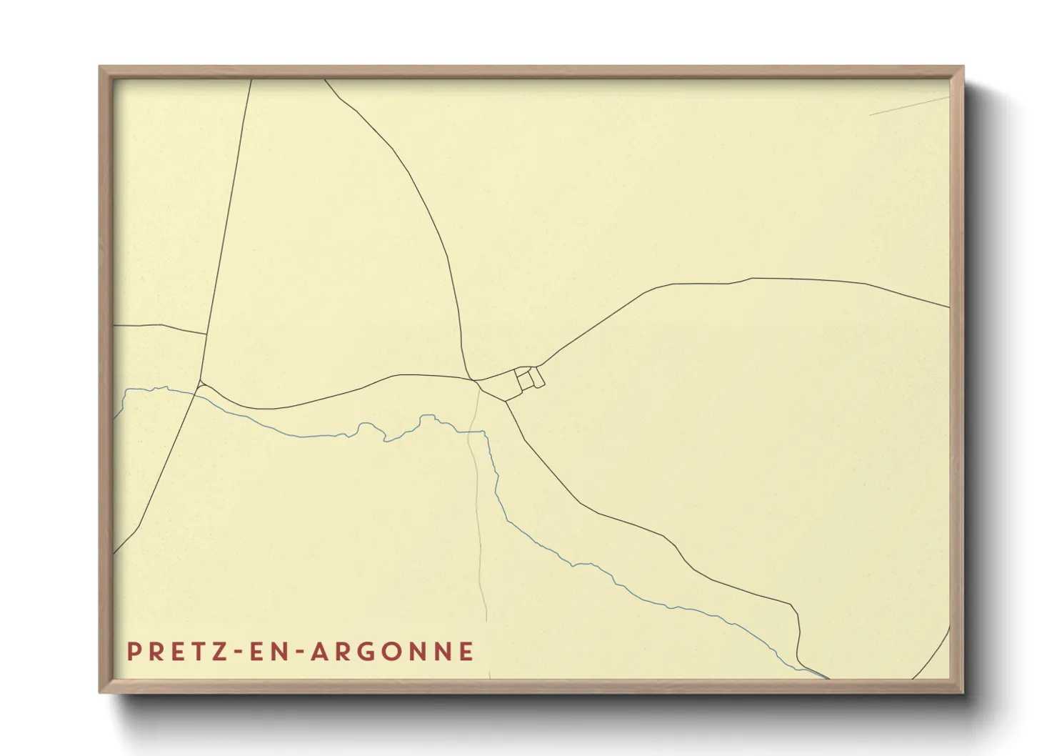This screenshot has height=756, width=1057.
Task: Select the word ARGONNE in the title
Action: (x=392, y=651)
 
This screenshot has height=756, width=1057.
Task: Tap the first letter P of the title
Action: (x=133, y=651)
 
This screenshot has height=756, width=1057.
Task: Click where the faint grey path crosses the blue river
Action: (x=471, y=432)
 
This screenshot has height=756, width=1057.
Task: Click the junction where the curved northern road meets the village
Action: (x=471, y=379)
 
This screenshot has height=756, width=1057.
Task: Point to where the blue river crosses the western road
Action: (x=195, y=391)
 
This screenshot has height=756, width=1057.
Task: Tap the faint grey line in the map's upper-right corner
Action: (x=907, y=106)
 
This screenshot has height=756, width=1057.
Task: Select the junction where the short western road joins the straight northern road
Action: (x=206, y=334)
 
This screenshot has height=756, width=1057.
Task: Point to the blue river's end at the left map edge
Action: (x=116, y=417)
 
